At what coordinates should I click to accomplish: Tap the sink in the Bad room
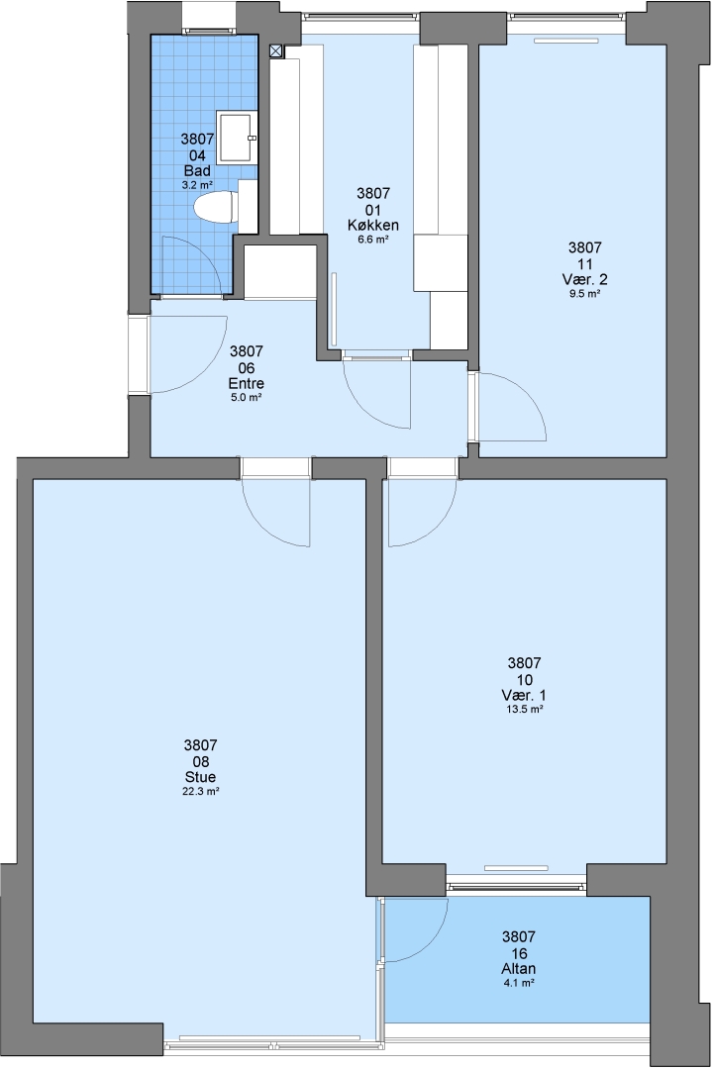237,137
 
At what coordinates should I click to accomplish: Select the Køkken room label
373,226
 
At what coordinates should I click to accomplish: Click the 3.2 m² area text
197,185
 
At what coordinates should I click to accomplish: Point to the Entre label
247,383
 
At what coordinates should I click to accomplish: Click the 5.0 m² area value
247,398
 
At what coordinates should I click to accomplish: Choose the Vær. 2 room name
585,279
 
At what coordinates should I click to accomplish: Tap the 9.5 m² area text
585,294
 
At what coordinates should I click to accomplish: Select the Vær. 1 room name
524,696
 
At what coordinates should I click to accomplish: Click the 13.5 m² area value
524,710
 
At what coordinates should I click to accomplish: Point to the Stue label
200,777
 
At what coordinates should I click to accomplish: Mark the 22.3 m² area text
200,792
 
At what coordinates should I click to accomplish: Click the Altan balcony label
518,969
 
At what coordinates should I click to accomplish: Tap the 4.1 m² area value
518,983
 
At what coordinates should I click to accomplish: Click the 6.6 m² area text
373,240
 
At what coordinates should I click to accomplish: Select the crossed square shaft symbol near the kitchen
276,49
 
